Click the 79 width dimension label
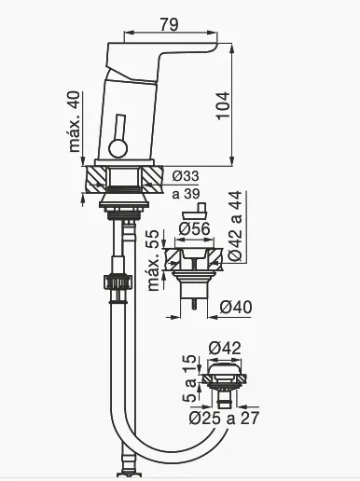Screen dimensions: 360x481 169,24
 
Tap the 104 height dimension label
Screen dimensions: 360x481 223,105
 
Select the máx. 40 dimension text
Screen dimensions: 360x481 74,121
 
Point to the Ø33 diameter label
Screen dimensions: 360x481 186,176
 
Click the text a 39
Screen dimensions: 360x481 186,194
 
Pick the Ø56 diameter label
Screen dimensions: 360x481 195,229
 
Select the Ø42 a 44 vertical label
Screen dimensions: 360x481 235,226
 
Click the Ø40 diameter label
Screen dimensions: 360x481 236,307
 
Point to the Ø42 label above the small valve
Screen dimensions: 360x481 225,348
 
